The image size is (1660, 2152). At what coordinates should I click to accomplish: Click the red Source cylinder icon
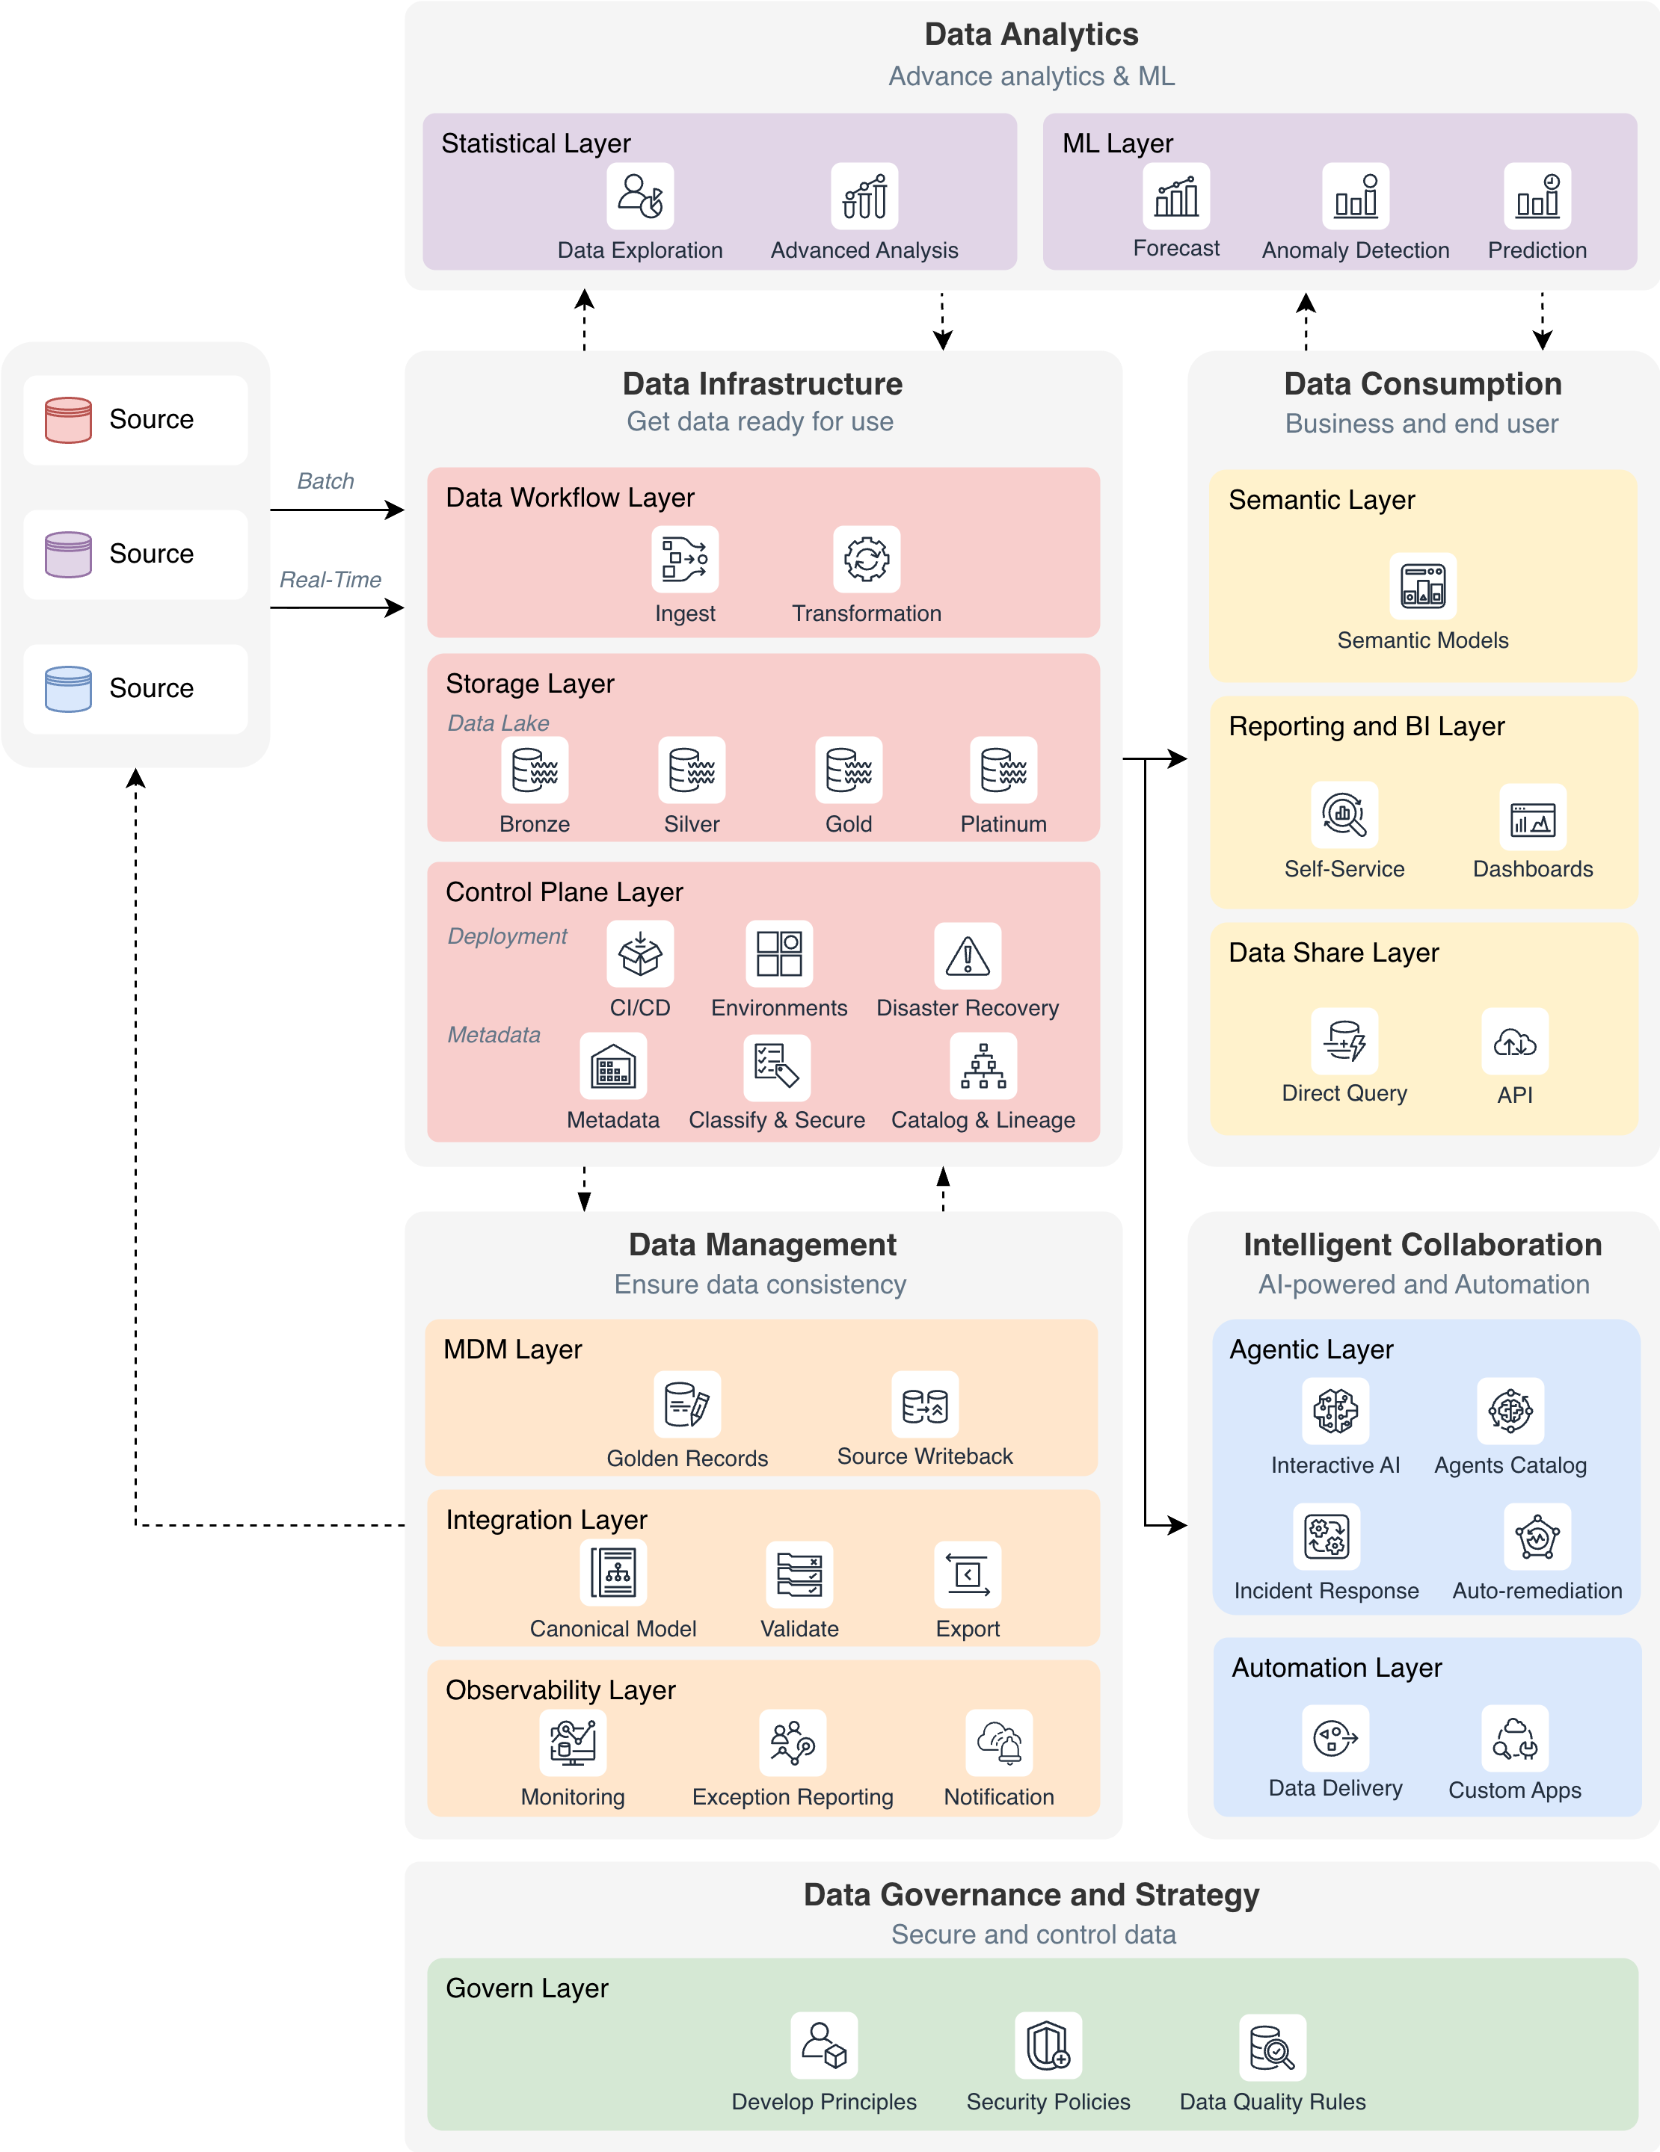[68, 420]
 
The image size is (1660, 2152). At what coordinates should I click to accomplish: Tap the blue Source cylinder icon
[68, 689]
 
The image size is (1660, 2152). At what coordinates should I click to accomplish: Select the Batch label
[325, 481]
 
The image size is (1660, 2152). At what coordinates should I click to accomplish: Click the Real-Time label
[331, 579]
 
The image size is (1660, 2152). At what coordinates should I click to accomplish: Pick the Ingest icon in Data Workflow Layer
[685, 559]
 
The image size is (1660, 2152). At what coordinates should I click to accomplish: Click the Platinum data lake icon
[1003, 770]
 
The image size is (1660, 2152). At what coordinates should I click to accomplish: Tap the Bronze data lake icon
[535, 770]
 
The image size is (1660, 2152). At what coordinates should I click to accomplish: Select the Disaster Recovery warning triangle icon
[967, 955]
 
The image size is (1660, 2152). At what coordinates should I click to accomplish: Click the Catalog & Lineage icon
[983, 1066]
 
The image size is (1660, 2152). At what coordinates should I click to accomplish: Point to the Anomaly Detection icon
[1356, 196]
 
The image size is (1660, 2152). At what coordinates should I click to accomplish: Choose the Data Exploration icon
[640, 196]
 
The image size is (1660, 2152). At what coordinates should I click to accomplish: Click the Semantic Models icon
[1422, 587]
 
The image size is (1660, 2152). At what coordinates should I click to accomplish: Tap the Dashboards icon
[1532, 817]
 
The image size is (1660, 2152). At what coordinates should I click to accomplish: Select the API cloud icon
[1514, 1042]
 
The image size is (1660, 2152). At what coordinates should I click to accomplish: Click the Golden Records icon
[687, 1404]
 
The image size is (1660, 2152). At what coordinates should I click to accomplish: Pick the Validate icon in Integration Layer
[799, 1574]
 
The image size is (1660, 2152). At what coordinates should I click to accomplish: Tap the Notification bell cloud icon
[998, 1742]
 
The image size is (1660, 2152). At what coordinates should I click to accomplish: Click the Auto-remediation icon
[1537, 1536]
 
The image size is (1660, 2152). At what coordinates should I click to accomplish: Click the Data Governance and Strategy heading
[1031, 1894]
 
